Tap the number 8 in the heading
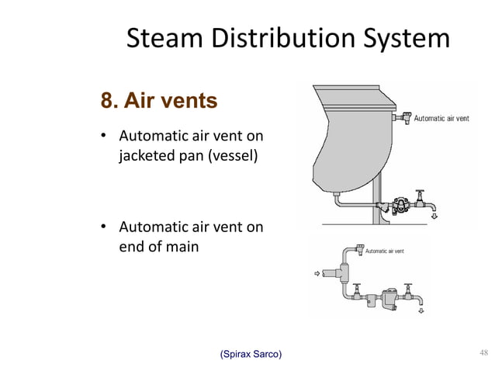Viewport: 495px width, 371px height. [108, 102]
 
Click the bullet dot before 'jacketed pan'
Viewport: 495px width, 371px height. [102, 137]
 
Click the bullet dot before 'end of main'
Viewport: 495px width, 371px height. [102, 227]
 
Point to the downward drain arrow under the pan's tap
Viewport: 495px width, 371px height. [434, 217]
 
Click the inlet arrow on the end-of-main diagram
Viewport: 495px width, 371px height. [315, 273]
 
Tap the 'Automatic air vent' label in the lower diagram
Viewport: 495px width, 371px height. [384, 251]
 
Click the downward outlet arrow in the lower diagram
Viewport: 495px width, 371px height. [421, 311]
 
